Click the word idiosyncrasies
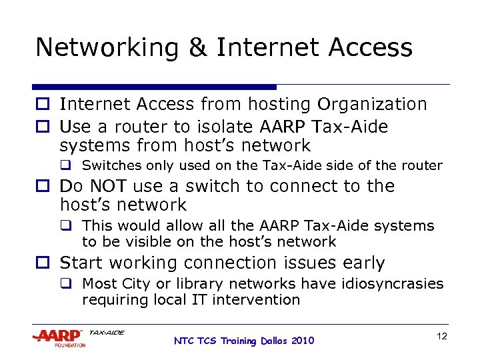point(394,284)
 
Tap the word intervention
point(265,300)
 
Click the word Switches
point(109,165)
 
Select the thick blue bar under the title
point(154,87)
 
